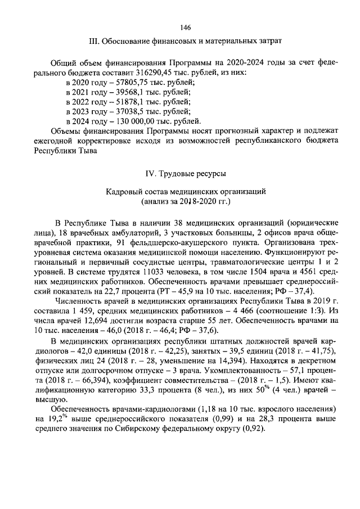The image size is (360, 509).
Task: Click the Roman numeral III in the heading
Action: (95, 41)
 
